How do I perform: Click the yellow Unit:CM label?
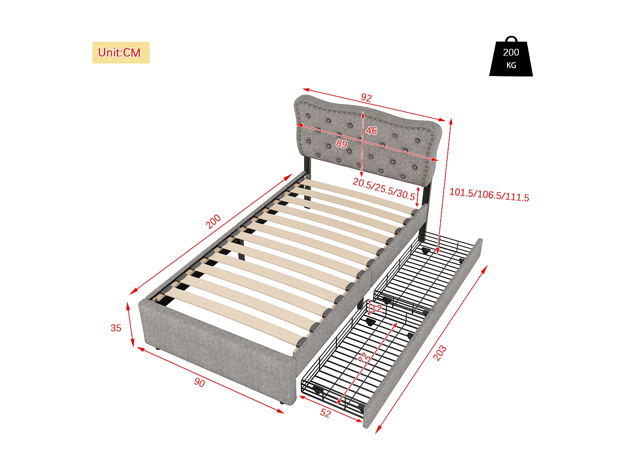tap(121, 53)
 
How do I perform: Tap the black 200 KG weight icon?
tap(511, 58)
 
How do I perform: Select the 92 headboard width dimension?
tap(366, 97)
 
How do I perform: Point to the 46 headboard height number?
tap(371, 131)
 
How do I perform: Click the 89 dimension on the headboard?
tap(342, 144)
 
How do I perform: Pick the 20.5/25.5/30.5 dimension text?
tap(384, 189)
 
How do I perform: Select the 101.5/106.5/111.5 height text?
tap(489, 195)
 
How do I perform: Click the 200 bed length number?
tap(213, 221)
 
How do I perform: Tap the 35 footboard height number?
tap(116, 328)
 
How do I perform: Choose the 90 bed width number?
tap(199, 382)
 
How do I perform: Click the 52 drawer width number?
tap(326, 413)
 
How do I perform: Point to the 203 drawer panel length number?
tap(439, 353)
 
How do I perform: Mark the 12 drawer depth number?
tap(376, 309)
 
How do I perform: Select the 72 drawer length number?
tap(363, 357)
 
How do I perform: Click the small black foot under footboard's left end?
tap(157, 348)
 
